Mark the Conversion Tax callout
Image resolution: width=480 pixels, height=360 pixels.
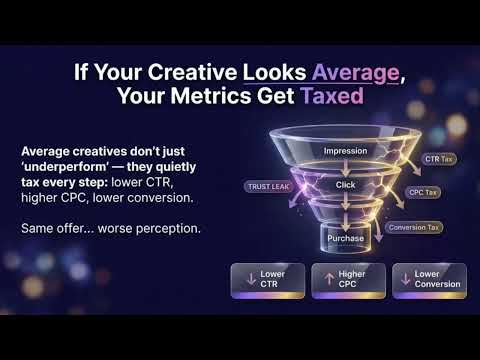click(414, 227)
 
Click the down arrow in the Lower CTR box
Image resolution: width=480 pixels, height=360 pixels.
click(245, 278)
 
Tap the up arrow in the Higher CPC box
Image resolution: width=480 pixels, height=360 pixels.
click(327, 278)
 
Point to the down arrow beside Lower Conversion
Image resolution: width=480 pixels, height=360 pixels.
click(405, 278)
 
